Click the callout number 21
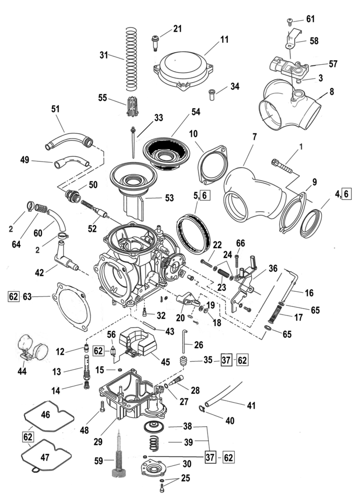coord(177,28)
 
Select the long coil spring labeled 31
coord(131,58)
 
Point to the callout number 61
coord(310,19)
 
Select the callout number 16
coord(309,293)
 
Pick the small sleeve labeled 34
coord(213,94)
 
